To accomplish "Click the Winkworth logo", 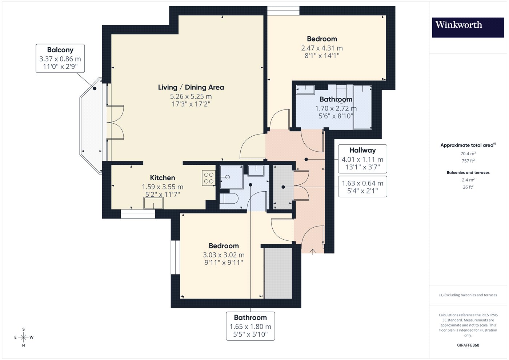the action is pyautogui.click(x=468, y=28).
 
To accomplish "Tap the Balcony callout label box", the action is pyautogui.click(x=60, y=59).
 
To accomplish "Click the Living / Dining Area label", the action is pyautogui.click(x=191, y=87).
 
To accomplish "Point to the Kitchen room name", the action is pyautogui.click(x=163, y=177).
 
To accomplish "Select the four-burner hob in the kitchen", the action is pyautogui.click(x=209, y=178).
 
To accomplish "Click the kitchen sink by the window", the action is pyautogui.click(x=153, y=203).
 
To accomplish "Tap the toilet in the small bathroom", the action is pyautogui.click(x=229, y=199).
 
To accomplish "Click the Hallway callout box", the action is pyautogui.click(x=362, y=159).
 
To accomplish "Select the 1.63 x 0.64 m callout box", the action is pyautogui.click(x=362, y=187).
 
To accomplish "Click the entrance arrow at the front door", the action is pyautogui.click(x=313, y=252).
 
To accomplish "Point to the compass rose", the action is pyautogui.click(x=24, y=337).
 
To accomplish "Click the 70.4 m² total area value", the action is pyautogui.click(x=468, y=153).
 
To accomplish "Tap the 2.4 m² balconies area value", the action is pyautogui.click(x=468, y=180).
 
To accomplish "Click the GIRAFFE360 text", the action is pyautogui.click(x=468, y=345).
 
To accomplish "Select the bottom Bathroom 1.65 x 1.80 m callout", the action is pyautogui.click(x=251, y=326).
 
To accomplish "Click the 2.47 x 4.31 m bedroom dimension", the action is pyautogui.click(x=322, y=48).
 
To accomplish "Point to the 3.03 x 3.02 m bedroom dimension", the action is pyautogui.click(x=224, y=255).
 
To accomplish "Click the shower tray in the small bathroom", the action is pyautogui.click(x=231, y=177).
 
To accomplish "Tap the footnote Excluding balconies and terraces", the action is pyautogui.click(x=468, y=295).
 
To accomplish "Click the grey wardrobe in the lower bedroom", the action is pyautogui.click(x=278, y=273).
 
